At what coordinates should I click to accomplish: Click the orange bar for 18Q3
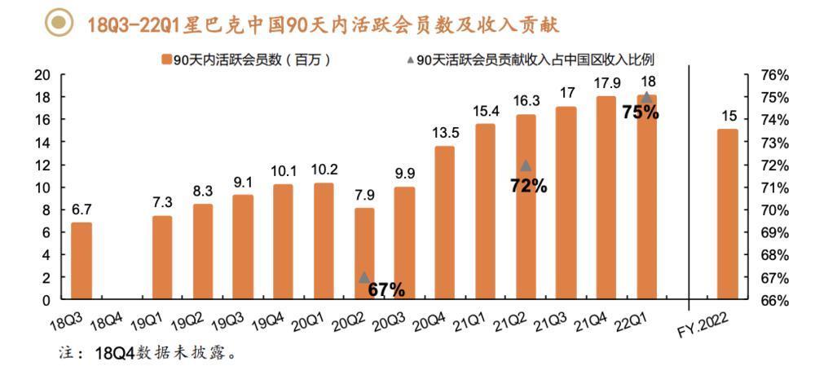(81, 261)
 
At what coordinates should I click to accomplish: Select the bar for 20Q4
(445, 223)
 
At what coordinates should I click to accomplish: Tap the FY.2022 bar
(728, 214)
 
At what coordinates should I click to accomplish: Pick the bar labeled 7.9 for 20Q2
(364, 254)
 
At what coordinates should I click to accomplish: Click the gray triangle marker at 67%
(364, 277)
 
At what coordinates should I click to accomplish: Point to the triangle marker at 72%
(526, 166)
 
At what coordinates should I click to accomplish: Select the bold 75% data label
(641, 113)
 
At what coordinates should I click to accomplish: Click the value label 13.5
(445, 133)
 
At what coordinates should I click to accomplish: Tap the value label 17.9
(606, 83)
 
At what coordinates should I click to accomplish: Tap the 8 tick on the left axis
(47, 210)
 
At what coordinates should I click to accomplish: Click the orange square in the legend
(166, 60)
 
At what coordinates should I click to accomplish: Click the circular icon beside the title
(57, 25)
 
